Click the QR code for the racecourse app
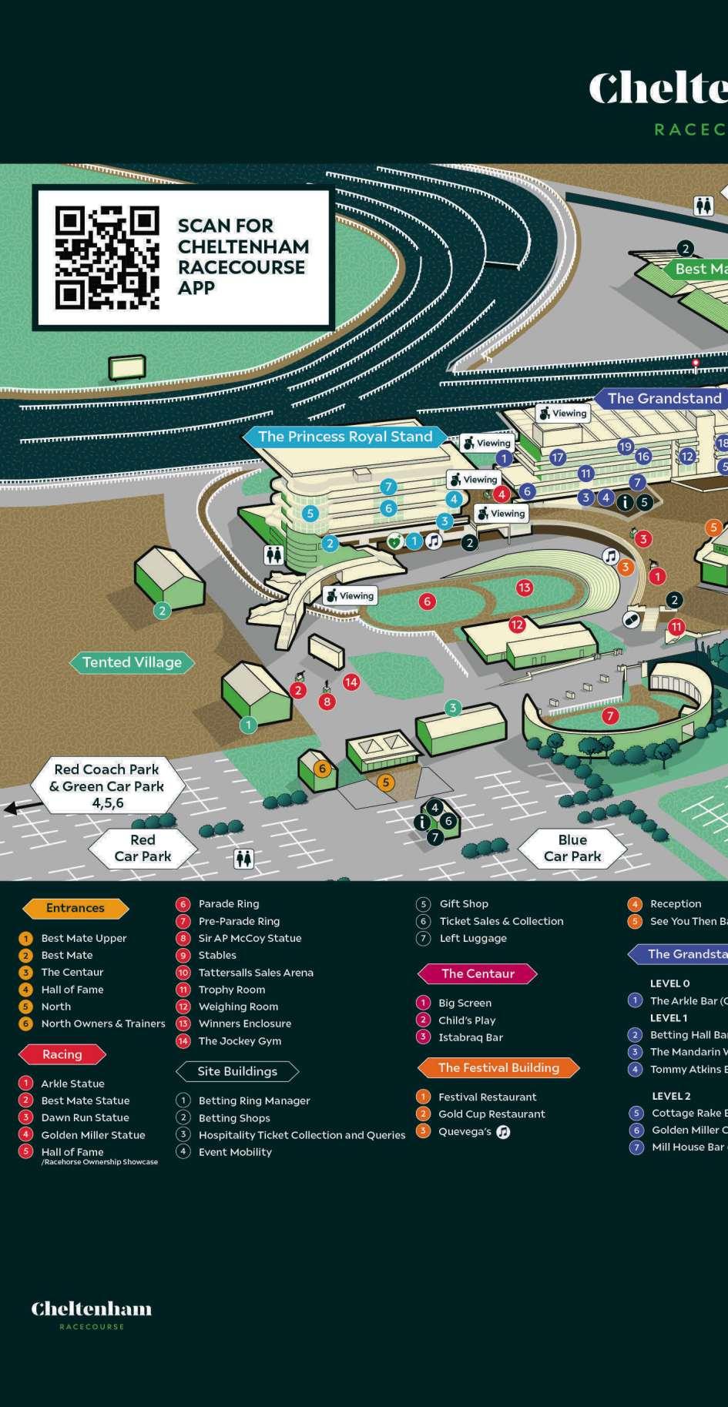tap(107, 257)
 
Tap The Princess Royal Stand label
tap(345, 437)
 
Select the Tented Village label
tap(132, 662)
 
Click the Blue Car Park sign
tap(572, 848)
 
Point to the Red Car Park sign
tap(143, 848)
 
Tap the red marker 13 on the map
tap(525, 588)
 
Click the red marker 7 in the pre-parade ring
tap(610, 716)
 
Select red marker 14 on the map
tap(351, 681)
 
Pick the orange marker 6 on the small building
tap(323, 769)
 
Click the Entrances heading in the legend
tap(75, 908)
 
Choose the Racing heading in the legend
tap(62, 1054)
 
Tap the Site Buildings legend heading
tap(237, 1071)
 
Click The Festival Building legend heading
tap(498, 1067)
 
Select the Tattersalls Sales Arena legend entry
tap(256, 973)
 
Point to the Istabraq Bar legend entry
tap(470, 1037)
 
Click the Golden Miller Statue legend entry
tap(92, 1134)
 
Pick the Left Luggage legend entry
tap(473, 938)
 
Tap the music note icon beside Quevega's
tap(503, 1132)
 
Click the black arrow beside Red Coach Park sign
tap(14, 808)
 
